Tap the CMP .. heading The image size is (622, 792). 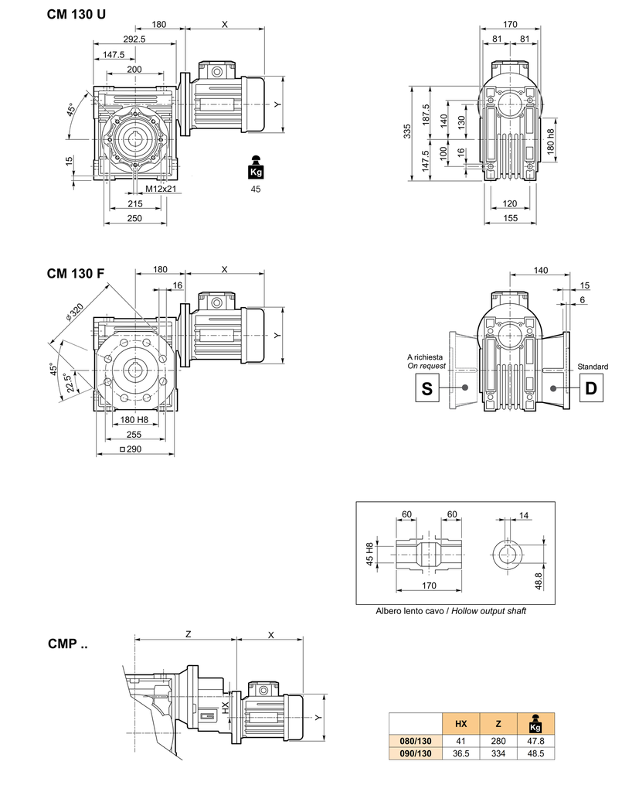coord(67,643)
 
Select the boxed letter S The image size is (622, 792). coord(426,388)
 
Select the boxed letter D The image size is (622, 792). coord(591,388)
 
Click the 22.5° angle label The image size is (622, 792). coord(70,383)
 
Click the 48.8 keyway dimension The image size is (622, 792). coord(539,579)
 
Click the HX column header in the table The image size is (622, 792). coord(461,724)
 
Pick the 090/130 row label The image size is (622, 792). coord(416,752)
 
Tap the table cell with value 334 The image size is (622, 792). coord(498,752)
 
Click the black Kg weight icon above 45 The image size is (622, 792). coord(255,168)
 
